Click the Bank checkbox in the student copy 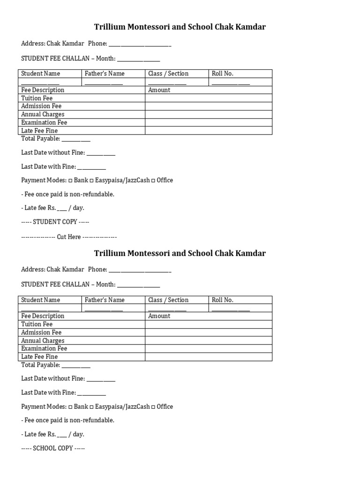70,180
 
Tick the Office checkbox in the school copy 153,407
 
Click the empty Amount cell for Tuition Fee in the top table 208,98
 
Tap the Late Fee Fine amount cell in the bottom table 208,357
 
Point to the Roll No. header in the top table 222,74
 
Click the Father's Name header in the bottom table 105,300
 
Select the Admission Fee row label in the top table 41,106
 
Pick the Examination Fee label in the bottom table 44,348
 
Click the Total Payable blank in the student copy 76,140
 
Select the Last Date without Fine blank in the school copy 101,379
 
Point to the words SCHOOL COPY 53,448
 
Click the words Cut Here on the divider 69,237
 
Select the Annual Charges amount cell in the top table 208,114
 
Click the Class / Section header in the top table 168,74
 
